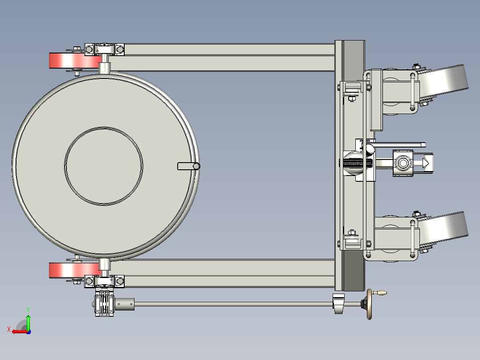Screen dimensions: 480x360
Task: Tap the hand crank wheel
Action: [370, 304]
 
